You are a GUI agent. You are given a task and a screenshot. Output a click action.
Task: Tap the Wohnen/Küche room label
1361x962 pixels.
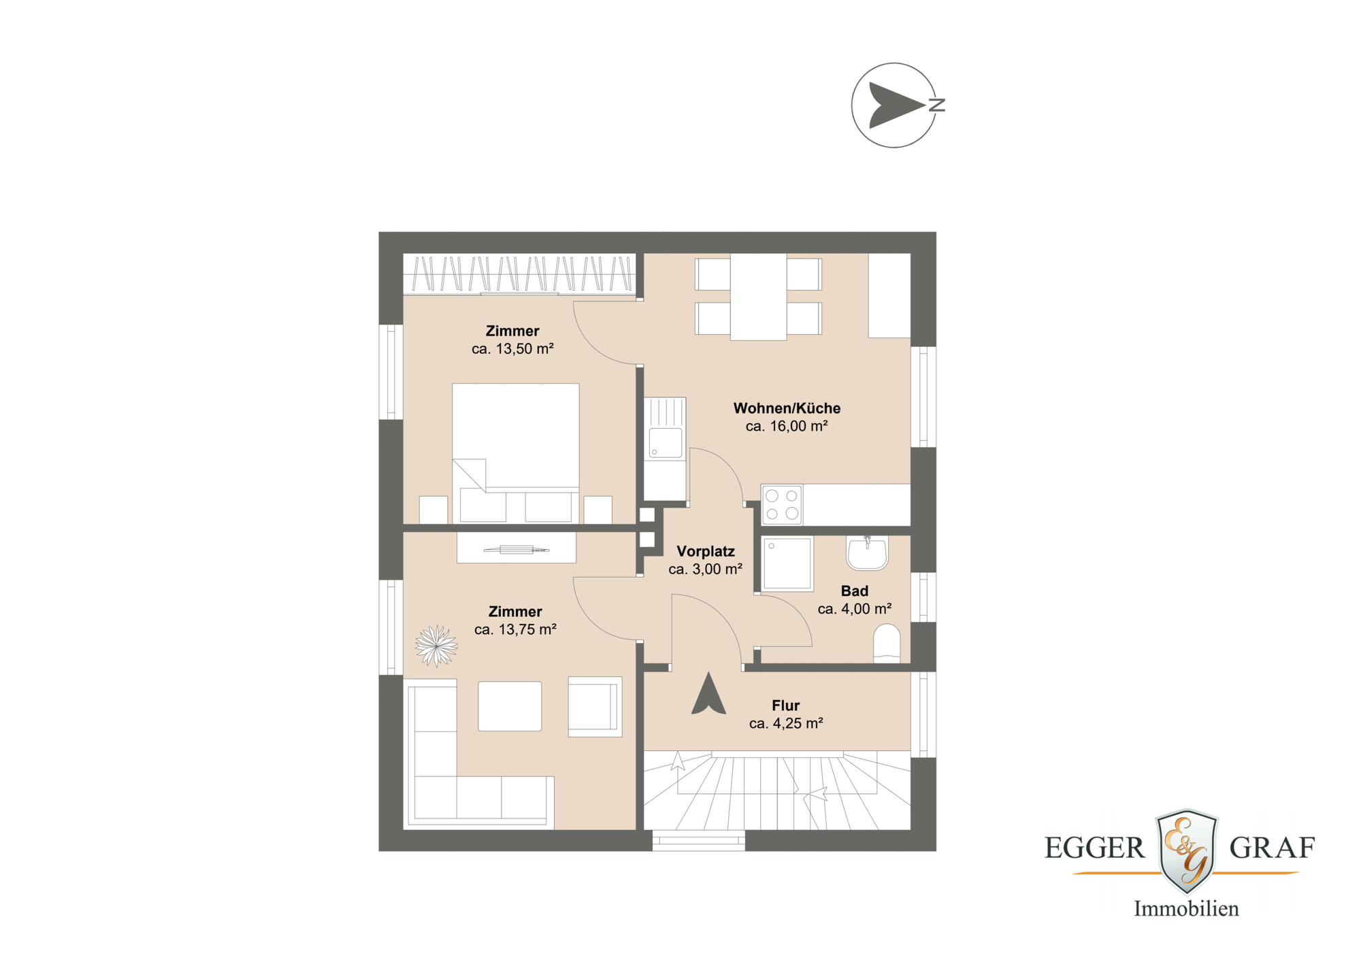point(787,408)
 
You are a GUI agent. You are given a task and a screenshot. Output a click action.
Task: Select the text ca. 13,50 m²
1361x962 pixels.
point(512,349)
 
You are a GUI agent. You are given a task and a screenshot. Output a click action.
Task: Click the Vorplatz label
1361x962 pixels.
point(705,552)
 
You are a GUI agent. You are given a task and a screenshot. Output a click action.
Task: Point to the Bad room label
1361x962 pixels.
point(854,591)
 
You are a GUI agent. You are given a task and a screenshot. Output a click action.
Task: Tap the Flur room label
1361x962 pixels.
point(785,706)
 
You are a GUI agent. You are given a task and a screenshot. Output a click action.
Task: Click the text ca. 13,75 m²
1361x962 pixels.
point(515,630)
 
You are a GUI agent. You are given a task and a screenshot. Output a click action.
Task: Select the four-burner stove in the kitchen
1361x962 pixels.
point(782,505)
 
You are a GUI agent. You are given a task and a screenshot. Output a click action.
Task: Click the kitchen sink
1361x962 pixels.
point(666,443)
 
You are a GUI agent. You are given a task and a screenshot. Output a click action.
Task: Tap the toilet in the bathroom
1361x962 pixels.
point(887,643)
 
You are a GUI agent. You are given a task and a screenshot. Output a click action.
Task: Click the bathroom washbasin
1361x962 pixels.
point(867,553)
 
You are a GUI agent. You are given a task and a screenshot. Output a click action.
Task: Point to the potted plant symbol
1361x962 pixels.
point(436,646)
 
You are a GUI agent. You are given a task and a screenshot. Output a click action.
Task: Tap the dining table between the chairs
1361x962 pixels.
point(758,297)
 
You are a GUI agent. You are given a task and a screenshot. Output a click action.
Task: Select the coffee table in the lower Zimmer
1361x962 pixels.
point(510,706)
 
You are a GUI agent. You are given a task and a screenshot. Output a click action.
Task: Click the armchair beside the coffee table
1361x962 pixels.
point(594,706)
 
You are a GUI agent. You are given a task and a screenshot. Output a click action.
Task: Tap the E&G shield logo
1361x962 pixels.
point(1187,850)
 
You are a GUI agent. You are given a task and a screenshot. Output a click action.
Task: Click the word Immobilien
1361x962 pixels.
point(1186,909)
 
